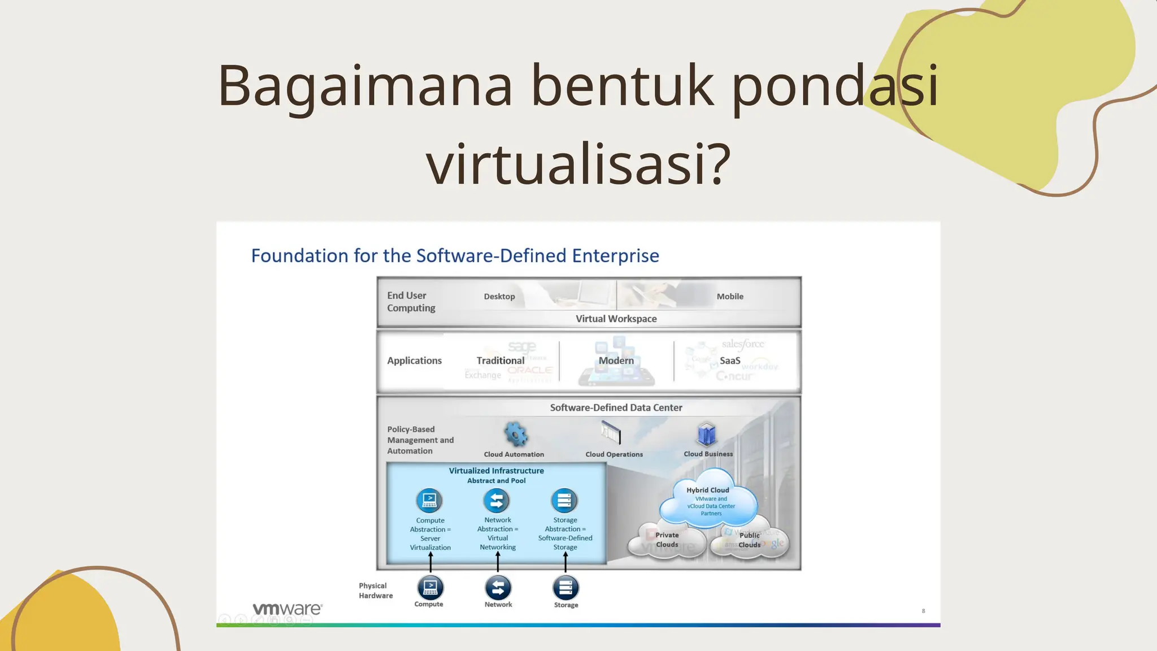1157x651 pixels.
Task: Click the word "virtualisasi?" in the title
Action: [578, 164]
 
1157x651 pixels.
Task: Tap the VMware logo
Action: [287, 609]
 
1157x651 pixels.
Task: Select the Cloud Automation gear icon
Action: [515, 435]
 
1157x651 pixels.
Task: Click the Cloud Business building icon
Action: [707, 435]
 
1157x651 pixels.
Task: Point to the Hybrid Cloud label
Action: [707, 490]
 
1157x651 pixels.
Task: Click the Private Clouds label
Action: [667, 540]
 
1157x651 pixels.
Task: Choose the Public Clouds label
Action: [750, 540]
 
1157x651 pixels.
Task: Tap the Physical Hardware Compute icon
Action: [430, 588]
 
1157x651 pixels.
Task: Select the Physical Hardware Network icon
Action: [498, 588]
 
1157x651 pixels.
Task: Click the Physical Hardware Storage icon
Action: [566, 588]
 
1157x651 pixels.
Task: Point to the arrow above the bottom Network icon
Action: [498, 562]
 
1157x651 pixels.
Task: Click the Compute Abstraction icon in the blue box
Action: [429, 501]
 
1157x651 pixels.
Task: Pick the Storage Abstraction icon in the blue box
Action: [564, 501]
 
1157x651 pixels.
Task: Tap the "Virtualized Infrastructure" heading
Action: [496, 471]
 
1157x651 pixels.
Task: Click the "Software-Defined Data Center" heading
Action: [616, 407]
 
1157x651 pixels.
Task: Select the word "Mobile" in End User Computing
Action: [730, 296]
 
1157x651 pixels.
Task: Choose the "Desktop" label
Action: [499, 296]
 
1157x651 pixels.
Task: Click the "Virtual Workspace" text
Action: [616, 319]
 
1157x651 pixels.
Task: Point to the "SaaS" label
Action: [730, 361]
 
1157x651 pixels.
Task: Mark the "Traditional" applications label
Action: [501, 361]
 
